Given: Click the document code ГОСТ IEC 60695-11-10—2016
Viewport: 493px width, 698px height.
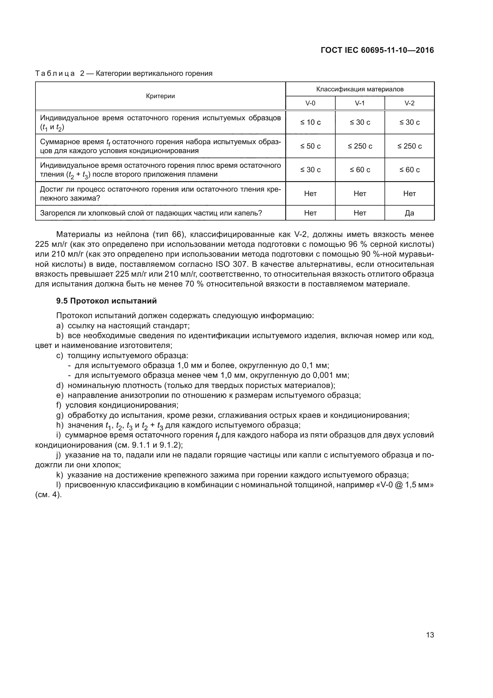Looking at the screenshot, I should point(377,50).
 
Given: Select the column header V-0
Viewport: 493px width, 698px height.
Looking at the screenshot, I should point(310,103).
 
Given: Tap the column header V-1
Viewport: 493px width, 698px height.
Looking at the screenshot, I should point(360,103).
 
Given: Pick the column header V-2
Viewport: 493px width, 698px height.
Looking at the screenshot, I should point(409,103).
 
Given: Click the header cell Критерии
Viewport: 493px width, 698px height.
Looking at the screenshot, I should point(160,96).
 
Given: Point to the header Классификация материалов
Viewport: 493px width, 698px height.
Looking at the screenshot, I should point(360,89).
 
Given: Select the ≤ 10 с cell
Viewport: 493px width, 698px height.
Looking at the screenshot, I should point(310,122).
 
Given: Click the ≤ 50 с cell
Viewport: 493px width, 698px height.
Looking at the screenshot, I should point(310,146).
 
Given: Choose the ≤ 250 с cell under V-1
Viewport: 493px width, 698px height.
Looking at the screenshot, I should point(360,146).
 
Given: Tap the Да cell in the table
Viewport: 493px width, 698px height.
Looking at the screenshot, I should point(409,213).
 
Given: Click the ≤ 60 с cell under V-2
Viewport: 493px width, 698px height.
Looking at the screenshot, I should point(409,170).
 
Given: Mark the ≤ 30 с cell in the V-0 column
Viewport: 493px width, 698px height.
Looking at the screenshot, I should point(310,170).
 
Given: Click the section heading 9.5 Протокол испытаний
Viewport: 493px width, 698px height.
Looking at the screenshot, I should point(106,301).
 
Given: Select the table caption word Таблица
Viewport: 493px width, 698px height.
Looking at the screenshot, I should point(55,74).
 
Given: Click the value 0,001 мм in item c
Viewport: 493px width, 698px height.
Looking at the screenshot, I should point(325,375).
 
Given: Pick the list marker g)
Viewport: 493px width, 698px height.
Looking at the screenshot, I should point(60,415).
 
